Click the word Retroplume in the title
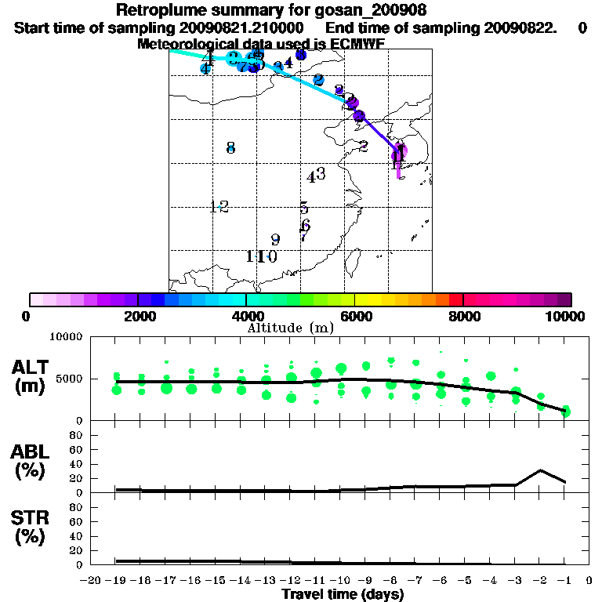156,10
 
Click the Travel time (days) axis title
343,595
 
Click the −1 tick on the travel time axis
564,581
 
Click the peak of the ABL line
540,470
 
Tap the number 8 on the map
230,147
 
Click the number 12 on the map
219,207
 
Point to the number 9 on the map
275,240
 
